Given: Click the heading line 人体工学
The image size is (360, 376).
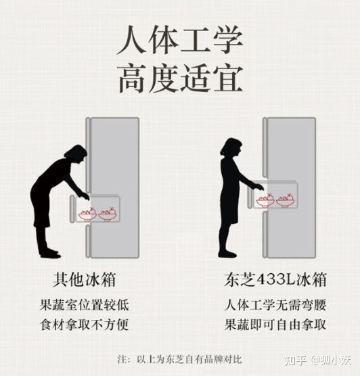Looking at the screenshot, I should (x=179, y=42).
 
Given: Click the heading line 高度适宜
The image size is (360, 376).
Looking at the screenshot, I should (x=179, y=79).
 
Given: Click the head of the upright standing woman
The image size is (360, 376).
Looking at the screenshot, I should (x=231, y=148).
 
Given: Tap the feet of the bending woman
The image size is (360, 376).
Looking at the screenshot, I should (x=49, y=253).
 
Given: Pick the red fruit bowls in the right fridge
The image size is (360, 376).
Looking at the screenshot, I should (x=275, y=200).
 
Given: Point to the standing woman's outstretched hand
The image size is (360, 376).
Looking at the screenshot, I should (x=258, y=187).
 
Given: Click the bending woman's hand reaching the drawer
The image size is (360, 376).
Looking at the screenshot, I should (x=83, y=195).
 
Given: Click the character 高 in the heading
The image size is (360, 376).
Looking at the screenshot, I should (x=133, y=79).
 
